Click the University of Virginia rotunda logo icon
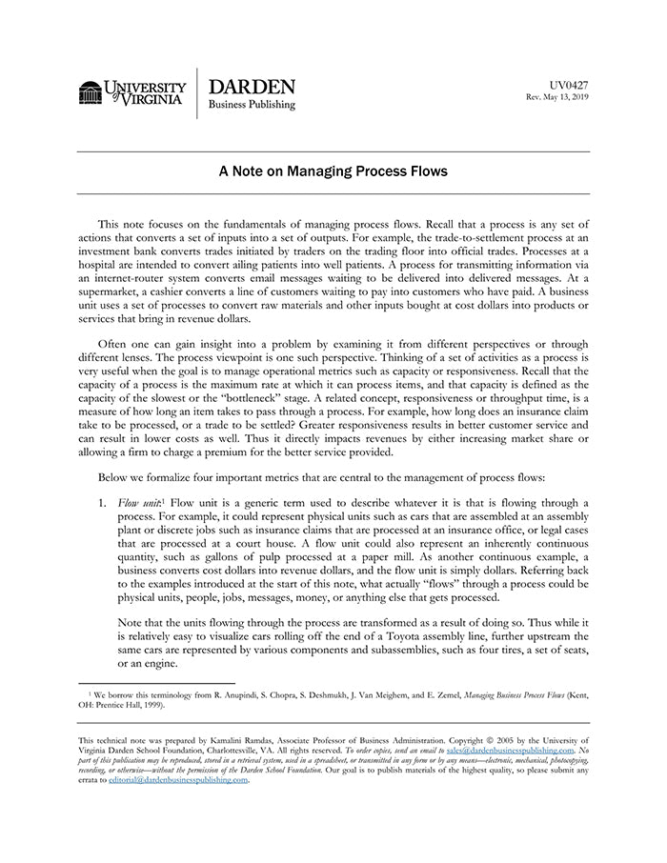[x=91, y=92]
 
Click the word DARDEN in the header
[x=251, y=87]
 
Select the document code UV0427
[x=569, y=85]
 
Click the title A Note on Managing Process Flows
[x=333, y=172]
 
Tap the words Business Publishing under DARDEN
[x=252, y=105]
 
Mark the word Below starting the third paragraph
[x=115, y=477]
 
